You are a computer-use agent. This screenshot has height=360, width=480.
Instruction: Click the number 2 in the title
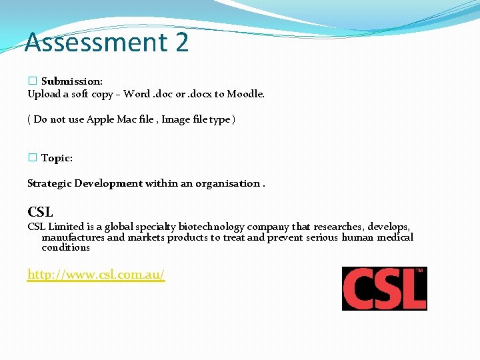pos(182,42)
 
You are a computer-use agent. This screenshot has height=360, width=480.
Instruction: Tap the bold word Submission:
pos(72,81)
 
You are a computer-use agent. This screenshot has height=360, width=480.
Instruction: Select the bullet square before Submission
pos(31,81)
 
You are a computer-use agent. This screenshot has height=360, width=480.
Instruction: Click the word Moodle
pos(245,94)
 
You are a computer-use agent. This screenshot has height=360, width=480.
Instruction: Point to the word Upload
pos(44,94)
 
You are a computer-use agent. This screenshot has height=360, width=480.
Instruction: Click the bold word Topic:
pos(57,158)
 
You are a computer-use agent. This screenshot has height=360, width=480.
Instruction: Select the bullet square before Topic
pos(31,158)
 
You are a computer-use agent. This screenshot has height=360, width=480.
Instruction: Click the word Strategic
pos(49,183)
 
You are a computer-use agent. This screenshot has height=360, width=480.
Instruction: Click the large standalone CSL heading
pos(40,212)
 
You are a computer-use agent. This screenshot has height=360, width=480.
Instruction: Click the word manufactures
pos(73,237)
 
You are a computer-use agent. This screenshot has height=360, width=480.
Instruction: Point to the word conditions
pos(65,247)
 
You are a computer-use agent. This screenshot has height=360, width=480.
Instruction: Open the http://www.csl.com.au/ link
pos(96,274)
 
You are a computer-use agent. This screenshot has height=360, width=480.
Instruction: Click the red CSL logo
pos(384,289)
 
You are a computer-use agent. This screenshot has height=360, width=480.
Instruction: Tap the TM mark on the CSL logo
pos(419,271)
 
